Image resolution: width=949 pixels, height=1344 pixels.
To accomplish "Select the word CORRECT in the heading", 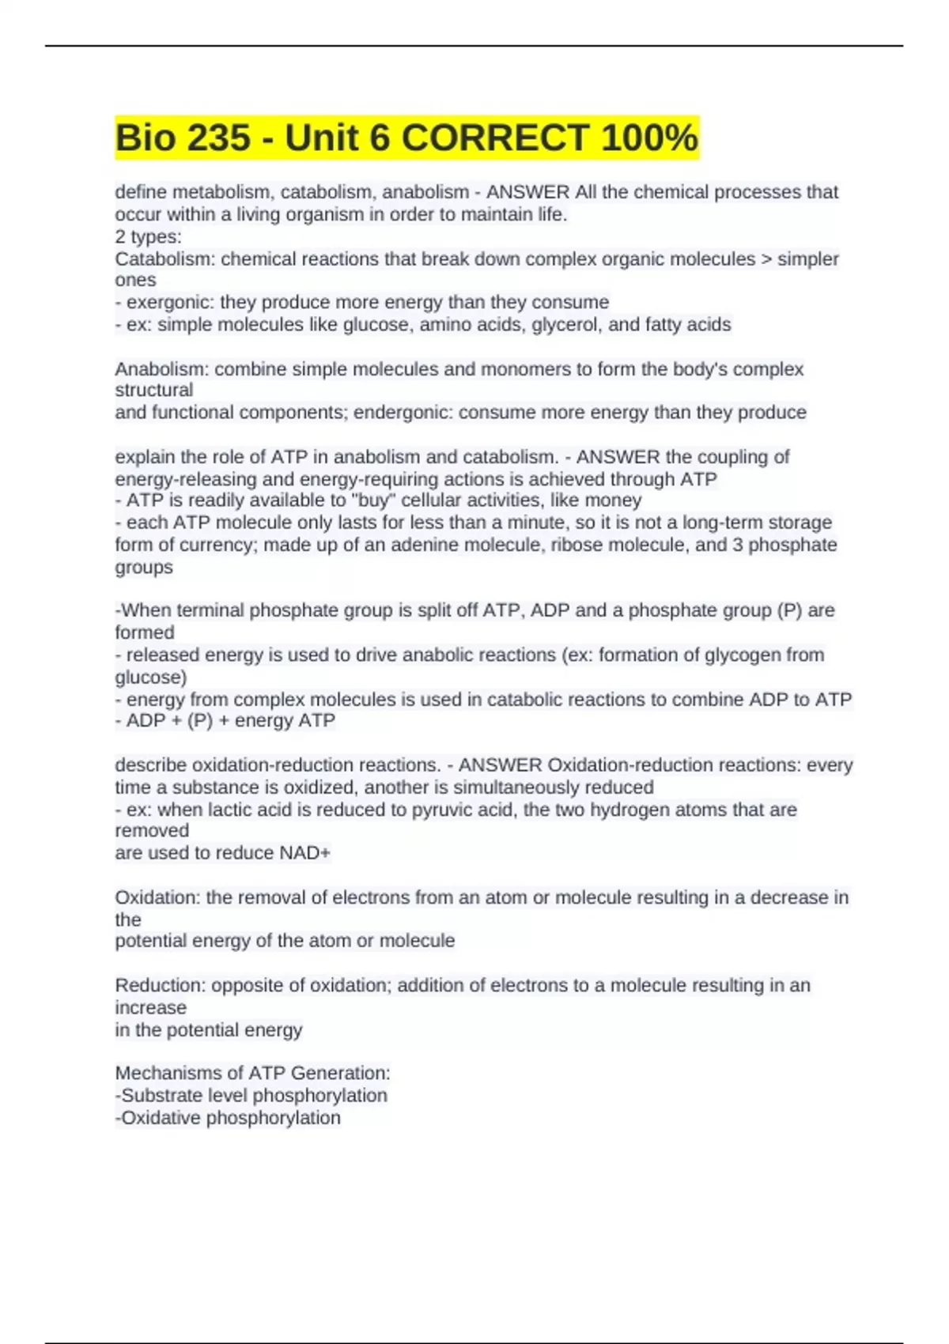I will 494,138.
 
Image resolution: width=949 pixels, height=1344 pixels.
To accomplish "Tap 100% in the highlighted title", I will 649,138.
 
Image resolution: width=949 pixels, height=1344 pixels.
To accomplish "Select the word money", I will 618,500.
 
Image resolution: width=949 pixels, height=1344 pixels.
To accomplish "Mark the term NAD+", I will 305,853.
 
